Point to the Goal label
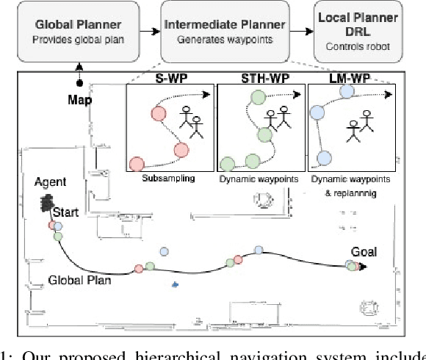pos(364,252)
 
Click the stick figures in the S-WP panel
pos(193,123)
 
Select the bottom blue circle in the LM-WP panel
pos(322,157)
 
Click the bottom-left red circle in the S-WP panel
pos(136,164)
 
